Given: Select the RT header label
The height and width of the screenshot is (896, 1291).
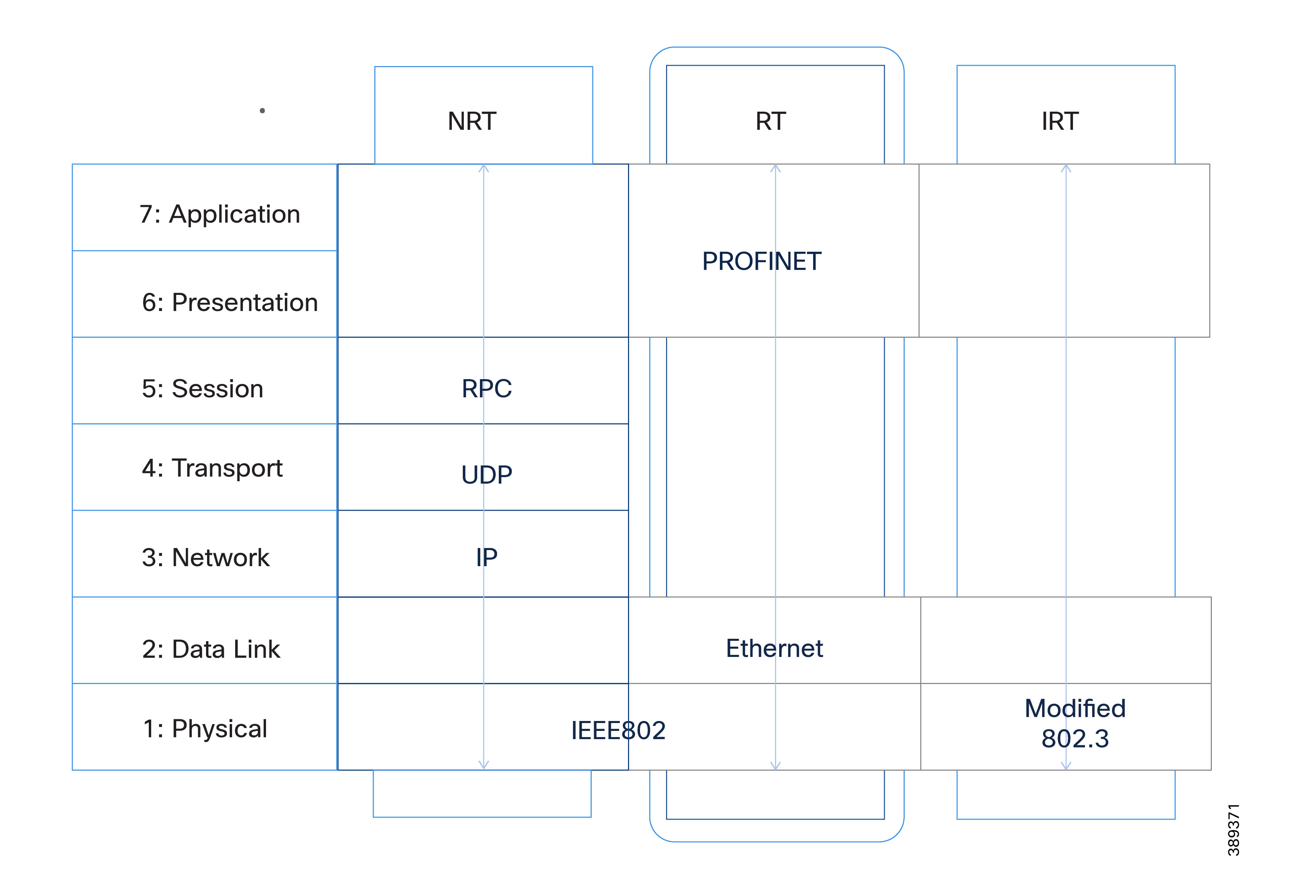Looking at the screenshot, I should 770,121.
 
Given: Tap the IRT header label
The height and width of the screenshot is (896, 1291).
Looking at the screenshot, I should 1060,121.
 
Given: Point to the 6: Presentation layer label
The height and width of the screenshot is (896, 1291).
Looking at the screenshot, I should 230,302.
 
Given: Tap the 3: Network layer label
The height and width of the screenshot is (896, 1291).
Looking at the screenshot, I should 206,558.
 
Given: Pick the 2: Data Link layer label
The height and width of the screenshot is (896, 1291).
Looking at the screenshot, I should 211,649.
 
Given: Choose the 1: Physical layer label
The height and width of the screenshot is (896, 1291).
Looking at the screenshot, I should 205,729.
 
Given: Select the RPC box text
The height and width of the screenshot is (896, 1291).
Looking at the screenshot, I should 486,388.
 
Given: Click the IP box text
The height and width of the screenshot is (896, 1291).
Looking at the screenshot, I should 486,558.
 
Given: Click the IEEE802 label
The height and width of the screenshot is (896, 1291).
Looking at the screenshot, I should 618,730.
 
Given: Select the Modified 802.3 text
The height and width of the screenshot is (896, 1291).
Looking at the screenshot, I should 1075,724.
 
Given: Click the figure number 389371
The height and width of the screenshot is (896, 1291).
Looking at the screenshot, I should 1233,830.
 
